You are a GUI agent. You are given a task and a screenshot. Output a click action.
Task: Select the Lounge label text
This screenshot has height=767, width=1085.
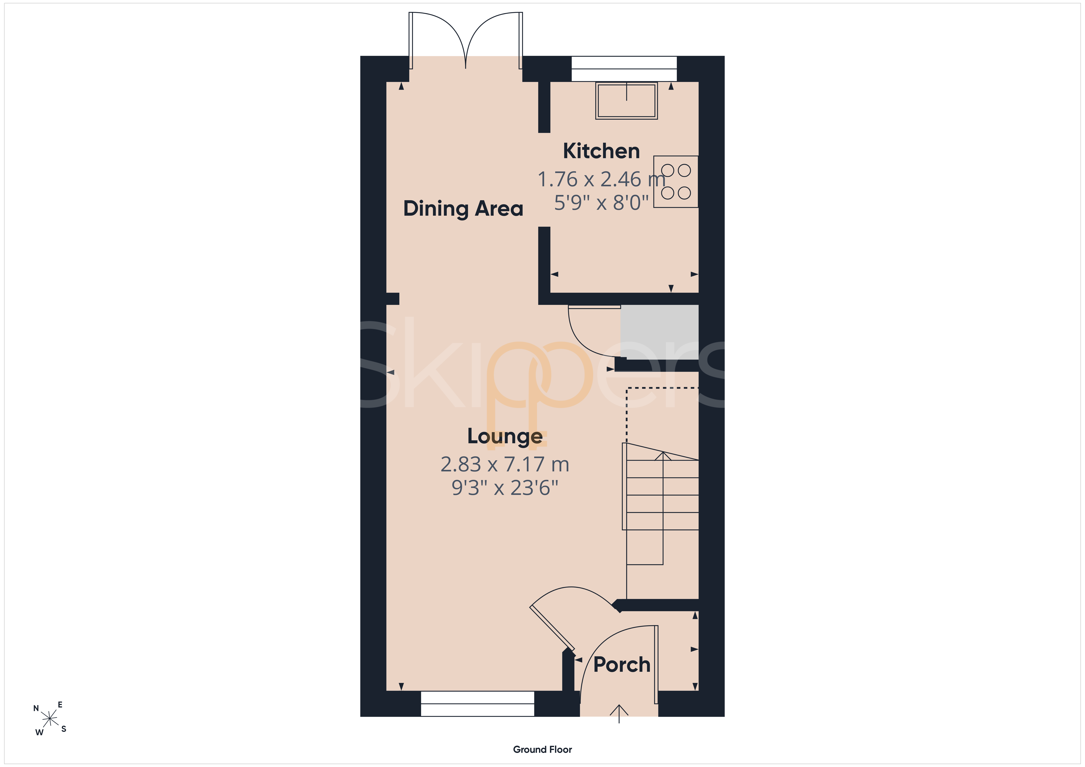[x=505, y=436]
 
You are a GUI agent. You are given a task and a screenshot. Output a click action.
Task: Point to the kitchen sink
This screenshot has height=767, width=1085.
[x=626, y=101]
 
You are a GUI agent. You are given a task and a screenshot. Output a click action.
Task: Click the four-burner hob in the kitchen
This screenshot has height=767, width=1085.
[x=676, y=182]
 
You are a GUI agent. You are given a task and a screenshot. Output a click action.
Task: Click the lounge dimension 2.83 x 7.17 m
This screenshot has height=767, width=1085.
[x=505, y=465]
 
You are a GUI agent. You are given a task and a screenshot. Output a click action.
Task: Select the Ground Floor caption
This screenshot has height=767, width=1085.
[x=542, y=750]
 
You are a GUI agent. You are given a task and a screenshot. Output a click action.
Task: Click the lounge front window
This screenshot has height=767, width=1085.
[x=477, y=704]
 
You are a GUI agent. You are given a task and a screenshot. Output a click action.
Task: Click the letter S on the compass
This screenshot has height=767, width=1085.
[x=64, y=729]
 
